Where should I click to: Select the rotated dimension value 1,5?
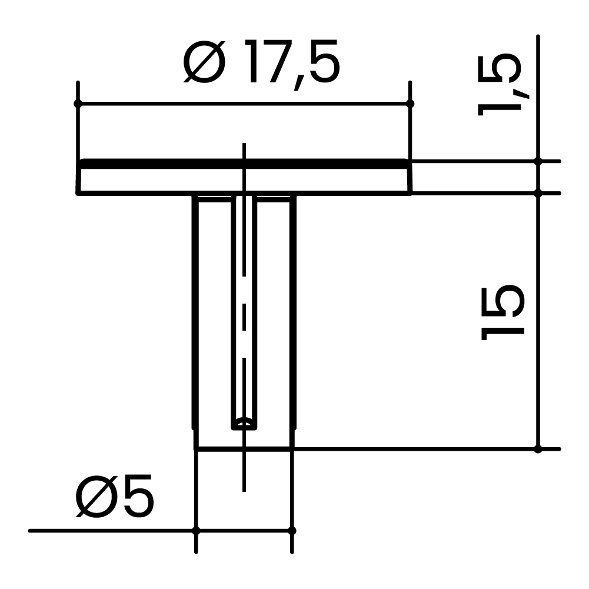[x=500, y=84]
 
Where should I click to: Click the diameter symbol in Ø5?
[x=96, y=497]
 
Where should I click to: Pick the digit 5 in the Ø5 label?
[x=138, y=497]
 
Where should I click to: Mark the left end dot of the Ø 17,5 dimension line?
[x=77, y=104]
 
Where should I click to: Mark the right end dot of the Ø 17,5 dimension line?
[x=410, y=104]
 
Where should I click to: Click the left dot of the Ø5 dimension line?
[x=196, y=531]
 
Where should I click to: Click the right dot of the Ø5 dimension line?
[x=292, y=531]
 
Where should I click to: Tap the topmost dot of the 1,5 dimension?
[x=538, y=161]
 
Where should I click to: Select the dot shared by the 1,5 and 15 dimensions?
[x=538, y=192]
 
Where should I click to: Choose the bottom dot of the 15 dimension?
[x=538, y=449]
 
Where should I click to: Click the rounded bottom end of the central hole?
[x=244, y=424]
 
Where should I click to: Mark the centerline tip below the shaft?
[x=244, y=490]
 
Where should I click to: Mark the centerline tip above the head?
[x=244, y=145]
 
